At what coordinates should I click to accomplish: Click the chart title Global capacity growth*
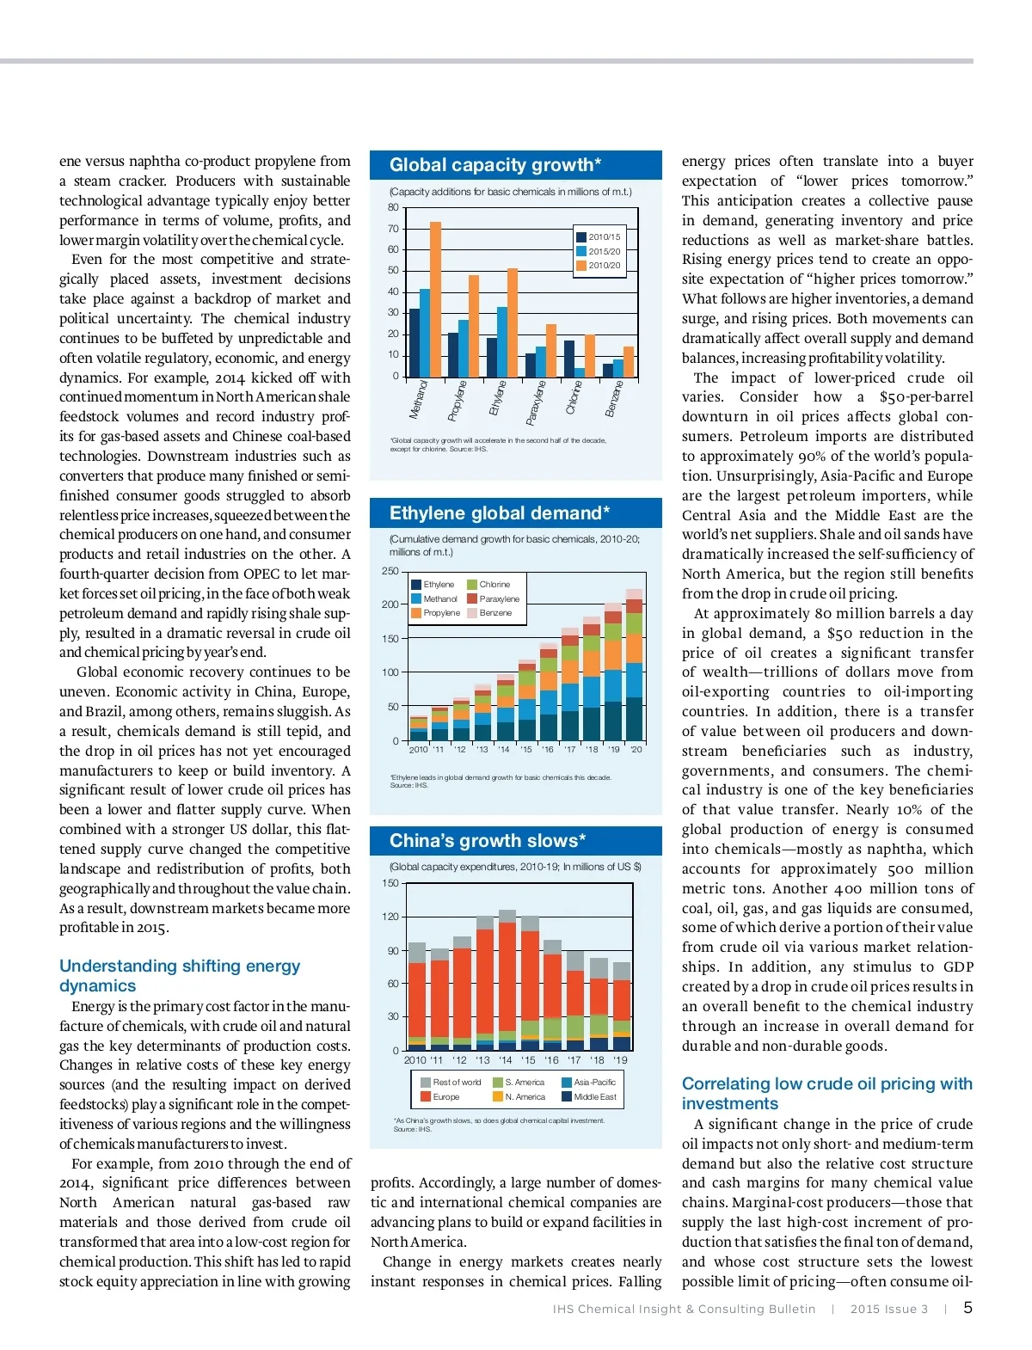495,165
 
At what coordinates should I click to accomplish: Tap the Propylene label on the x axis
458,399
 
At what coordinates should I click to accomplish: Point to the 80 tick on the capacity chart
393,207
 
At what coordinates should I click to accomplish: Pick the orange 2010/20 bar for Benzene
629,361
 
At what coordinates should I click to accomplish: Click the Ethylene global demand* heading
500,513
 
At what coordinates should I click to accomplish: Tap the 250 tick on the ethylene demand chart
390,571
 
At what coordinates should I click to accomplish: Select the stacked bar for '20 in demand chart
635,666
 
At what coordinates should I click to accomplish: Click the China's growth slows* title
488,840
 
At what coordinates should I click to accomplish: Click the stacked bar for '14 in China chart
507,980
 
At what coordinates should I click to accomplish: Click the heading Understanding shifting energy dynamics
180,976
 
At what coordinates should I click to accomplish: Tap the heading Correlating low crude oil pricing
826,1093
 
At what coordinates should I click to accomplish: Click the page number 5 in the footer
967,1308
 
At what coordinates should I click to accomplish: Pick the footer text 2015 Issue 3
889,1309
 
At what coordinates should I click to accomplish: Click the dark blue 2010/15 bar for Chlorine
569,359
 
